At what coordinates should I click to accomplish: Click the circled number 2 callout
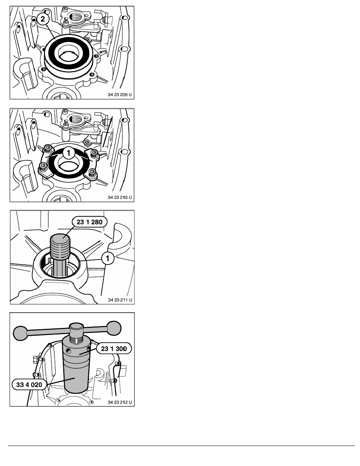[x=43, y=19]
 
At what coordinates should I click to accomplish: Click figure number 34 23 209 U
[x=120, y=95]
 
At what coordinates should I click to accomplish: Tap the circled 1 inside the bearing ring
[x=69, y=153]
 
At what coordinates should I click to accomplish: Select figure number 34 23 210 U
[x=120, y=197]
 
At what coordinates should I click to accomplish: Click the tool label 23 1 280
[x=89, y=222]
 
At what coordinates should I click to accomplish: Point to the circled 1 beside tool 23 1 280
[x=107, y=258]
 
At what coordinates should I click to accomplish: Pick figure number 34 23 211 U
[x=120, y=300]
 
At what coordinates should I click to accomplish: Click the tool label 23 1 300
[x=114, y=349]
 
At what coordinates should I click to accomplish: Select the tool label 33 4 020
[x=29, y=384]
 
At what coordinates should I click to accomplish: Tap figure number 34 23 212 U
[x=120, y=402]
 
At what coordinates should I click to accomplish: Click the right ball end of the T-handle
[x=114, y=328]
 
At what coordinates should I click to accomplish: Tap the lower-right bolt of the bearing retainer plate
[x=93, y=172]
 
